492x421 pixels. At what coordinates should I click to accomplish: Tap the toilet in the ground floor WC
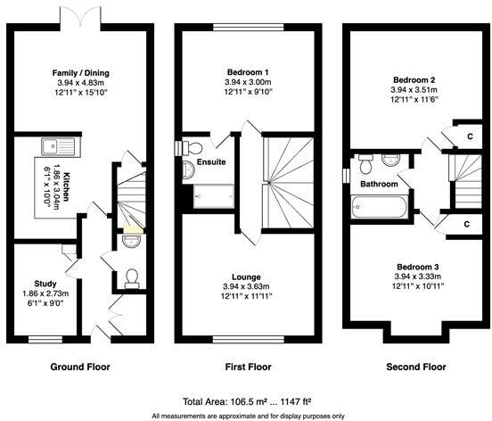[132, 277]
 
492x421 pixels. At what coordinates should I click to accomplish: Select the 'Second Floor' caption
[415, 367]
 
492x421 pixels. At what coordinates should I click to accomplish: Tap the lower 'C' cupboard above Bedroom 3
[466, 223]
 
